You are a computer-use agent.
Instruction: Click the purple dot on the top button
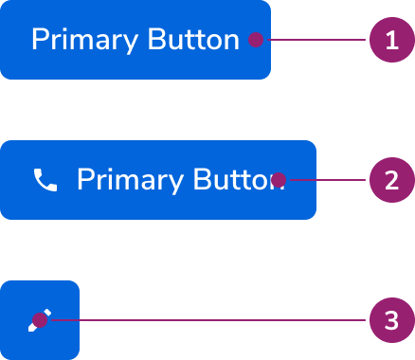(255, 40)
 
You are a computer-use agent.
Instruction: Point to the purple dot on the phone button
(279, 180)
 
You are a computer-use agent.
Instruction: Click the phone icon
(45, 180)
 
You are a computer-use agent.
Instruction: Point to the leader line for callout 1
(317, 40)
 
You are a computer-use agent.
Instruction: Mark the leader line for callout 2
(327, 180)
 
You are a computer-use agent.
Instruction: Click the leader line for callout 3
(208, 320)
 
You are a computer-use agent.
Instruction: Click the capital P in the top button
(40, 40)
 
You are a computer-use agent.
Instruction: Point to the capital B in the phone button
(203, 180)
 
